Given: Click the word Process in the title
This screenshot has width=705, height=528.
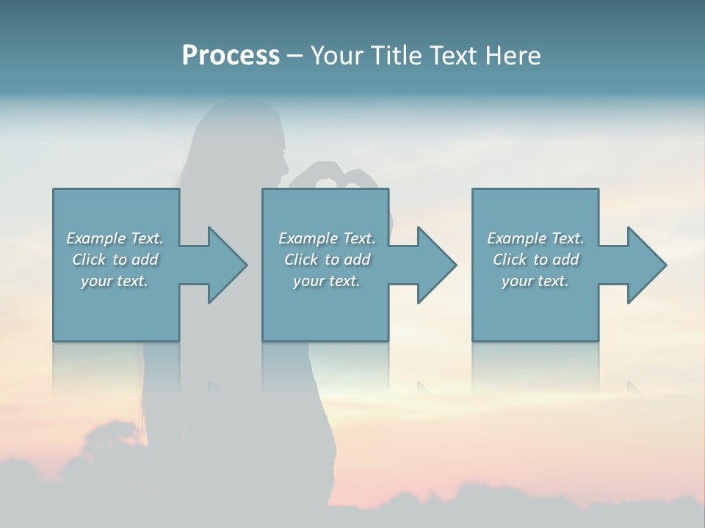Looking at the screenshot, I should click(x=231, y=56).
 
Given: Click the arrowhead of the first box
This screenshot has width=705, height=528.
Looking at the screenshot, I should click(x=224, y=265).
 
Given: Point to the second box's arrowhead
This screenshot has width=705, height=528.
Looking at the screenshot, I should click(x=433, y=265).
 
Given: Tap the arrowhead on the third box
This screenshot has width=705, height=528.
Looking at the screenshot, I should click(x=643, y=265).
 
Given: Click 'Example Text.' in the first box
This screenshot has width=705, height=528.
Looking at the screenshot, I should click(x=115, y=238).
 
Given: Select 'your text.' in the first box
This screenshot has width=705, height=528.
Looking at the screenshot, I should click(x=115, y=281).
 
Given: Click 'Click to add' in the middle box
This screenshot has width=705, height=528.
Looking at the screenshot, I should click(x=327, y=260).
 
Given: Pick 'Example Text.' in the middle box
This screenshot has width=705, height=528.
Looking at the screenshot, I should click(x=327, y=238).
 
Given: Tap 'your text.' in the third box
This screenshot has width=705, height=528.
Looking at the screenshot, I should click(x=535, y=281).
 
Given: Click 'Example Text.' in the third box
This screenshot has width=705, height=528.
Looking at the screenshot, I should click(x=535, y=238).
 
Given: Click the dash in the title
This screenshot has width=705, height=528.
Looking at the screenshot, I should click(x=295, y=56).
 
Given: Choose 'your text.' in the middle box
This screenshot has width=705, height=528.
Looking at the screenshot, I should click(x=327, y=281).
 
